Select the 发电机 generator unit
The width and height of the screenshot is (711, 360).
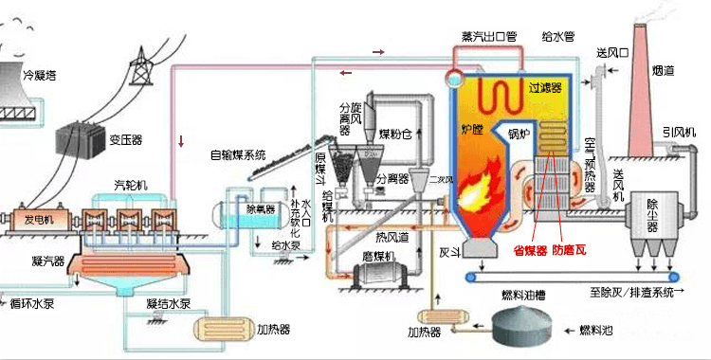(38, 220)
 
